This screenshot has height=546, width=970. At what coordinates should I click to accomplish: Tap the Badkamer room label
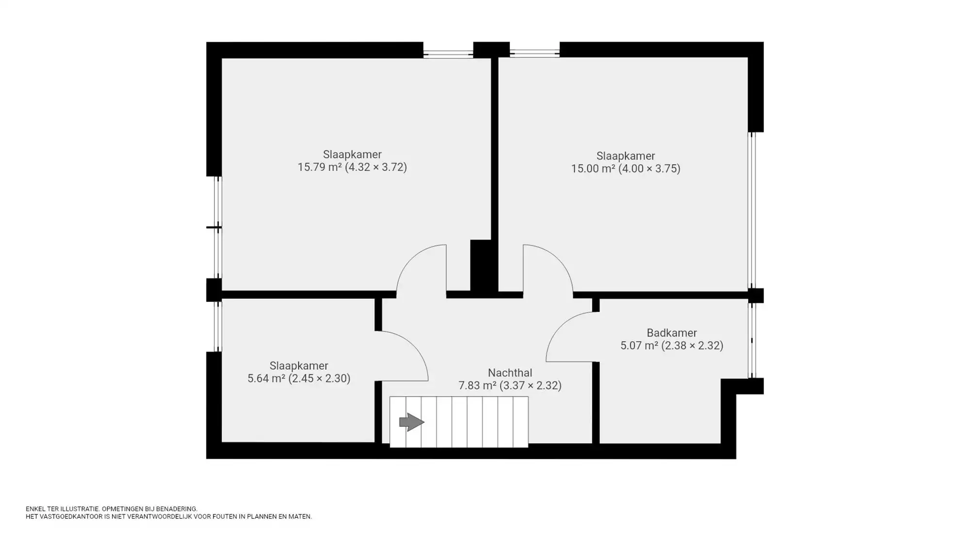(672, 333)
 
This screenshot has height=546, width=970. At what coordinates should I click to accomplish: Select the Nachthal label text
(510, 373)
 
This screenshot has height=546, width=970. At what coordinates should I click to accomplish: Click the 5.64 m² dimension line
(299, 379)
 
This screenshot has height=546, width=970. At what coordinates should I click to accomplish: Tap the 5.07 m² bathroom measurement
(672, 346)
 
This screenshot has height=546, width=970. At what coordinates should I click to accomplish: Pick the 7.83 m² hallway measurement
(510, 385)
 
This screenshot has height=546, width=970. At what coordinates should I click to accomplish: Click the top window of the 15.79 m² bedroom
(448, 53)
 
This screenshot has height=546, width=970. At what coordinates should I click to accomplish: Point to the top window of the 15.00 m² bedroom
(534, 53)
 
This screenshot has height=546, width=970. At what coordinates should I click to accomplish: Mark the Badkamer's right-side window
(752, 340)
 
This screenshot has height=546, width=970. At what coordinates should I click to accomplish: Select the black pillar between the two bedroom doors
(481, 266)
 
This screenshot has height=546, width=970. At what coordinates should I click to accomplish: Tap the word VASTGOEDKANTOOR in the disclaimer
(70, 517)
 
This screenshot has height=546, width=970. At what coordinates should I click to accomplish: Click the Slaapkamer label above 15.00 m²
(626, 156)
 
